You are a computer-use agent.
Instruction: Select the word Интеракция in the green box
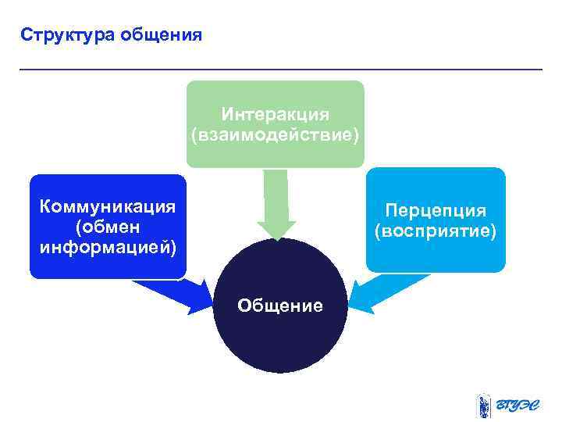coord(275,115)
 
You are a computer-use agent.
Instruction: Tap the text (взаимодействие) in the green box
coord(275,135)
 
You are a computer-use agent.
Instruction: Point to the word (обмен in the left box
coord(108,227)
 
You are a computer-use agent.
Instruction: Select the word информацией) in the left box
coord(108,247)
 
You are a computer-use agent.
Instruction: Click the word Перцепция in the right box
coord(436,211)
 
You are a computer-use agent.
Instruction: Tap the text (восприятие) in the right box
coord(436,232)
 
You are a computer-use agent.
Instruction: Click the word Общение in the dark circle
coord(279,306)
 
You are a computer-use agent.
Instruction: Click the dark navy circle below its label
coord(279,344)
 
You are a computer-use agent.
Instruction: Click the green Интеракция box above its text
coord(275,92)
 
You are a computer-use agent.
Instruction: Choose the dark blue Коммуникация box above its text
coord(108,185)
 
